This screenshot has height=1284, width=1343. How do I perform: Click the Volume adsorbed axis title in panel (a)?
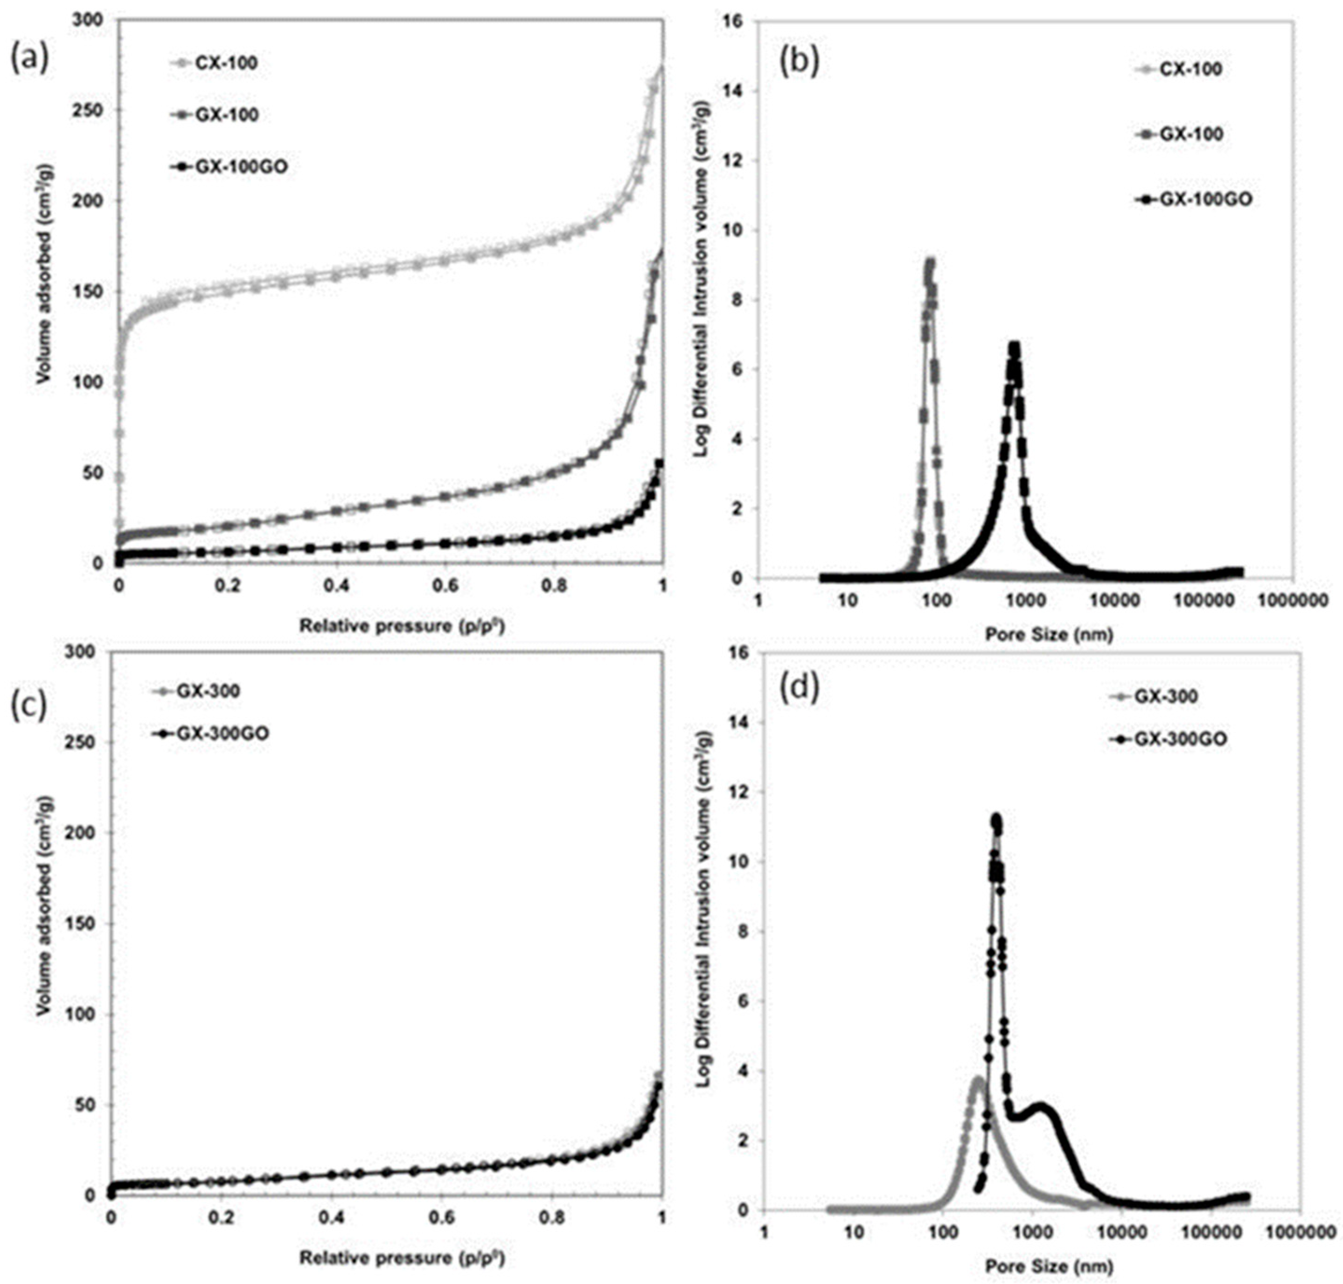click(42, 293)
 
